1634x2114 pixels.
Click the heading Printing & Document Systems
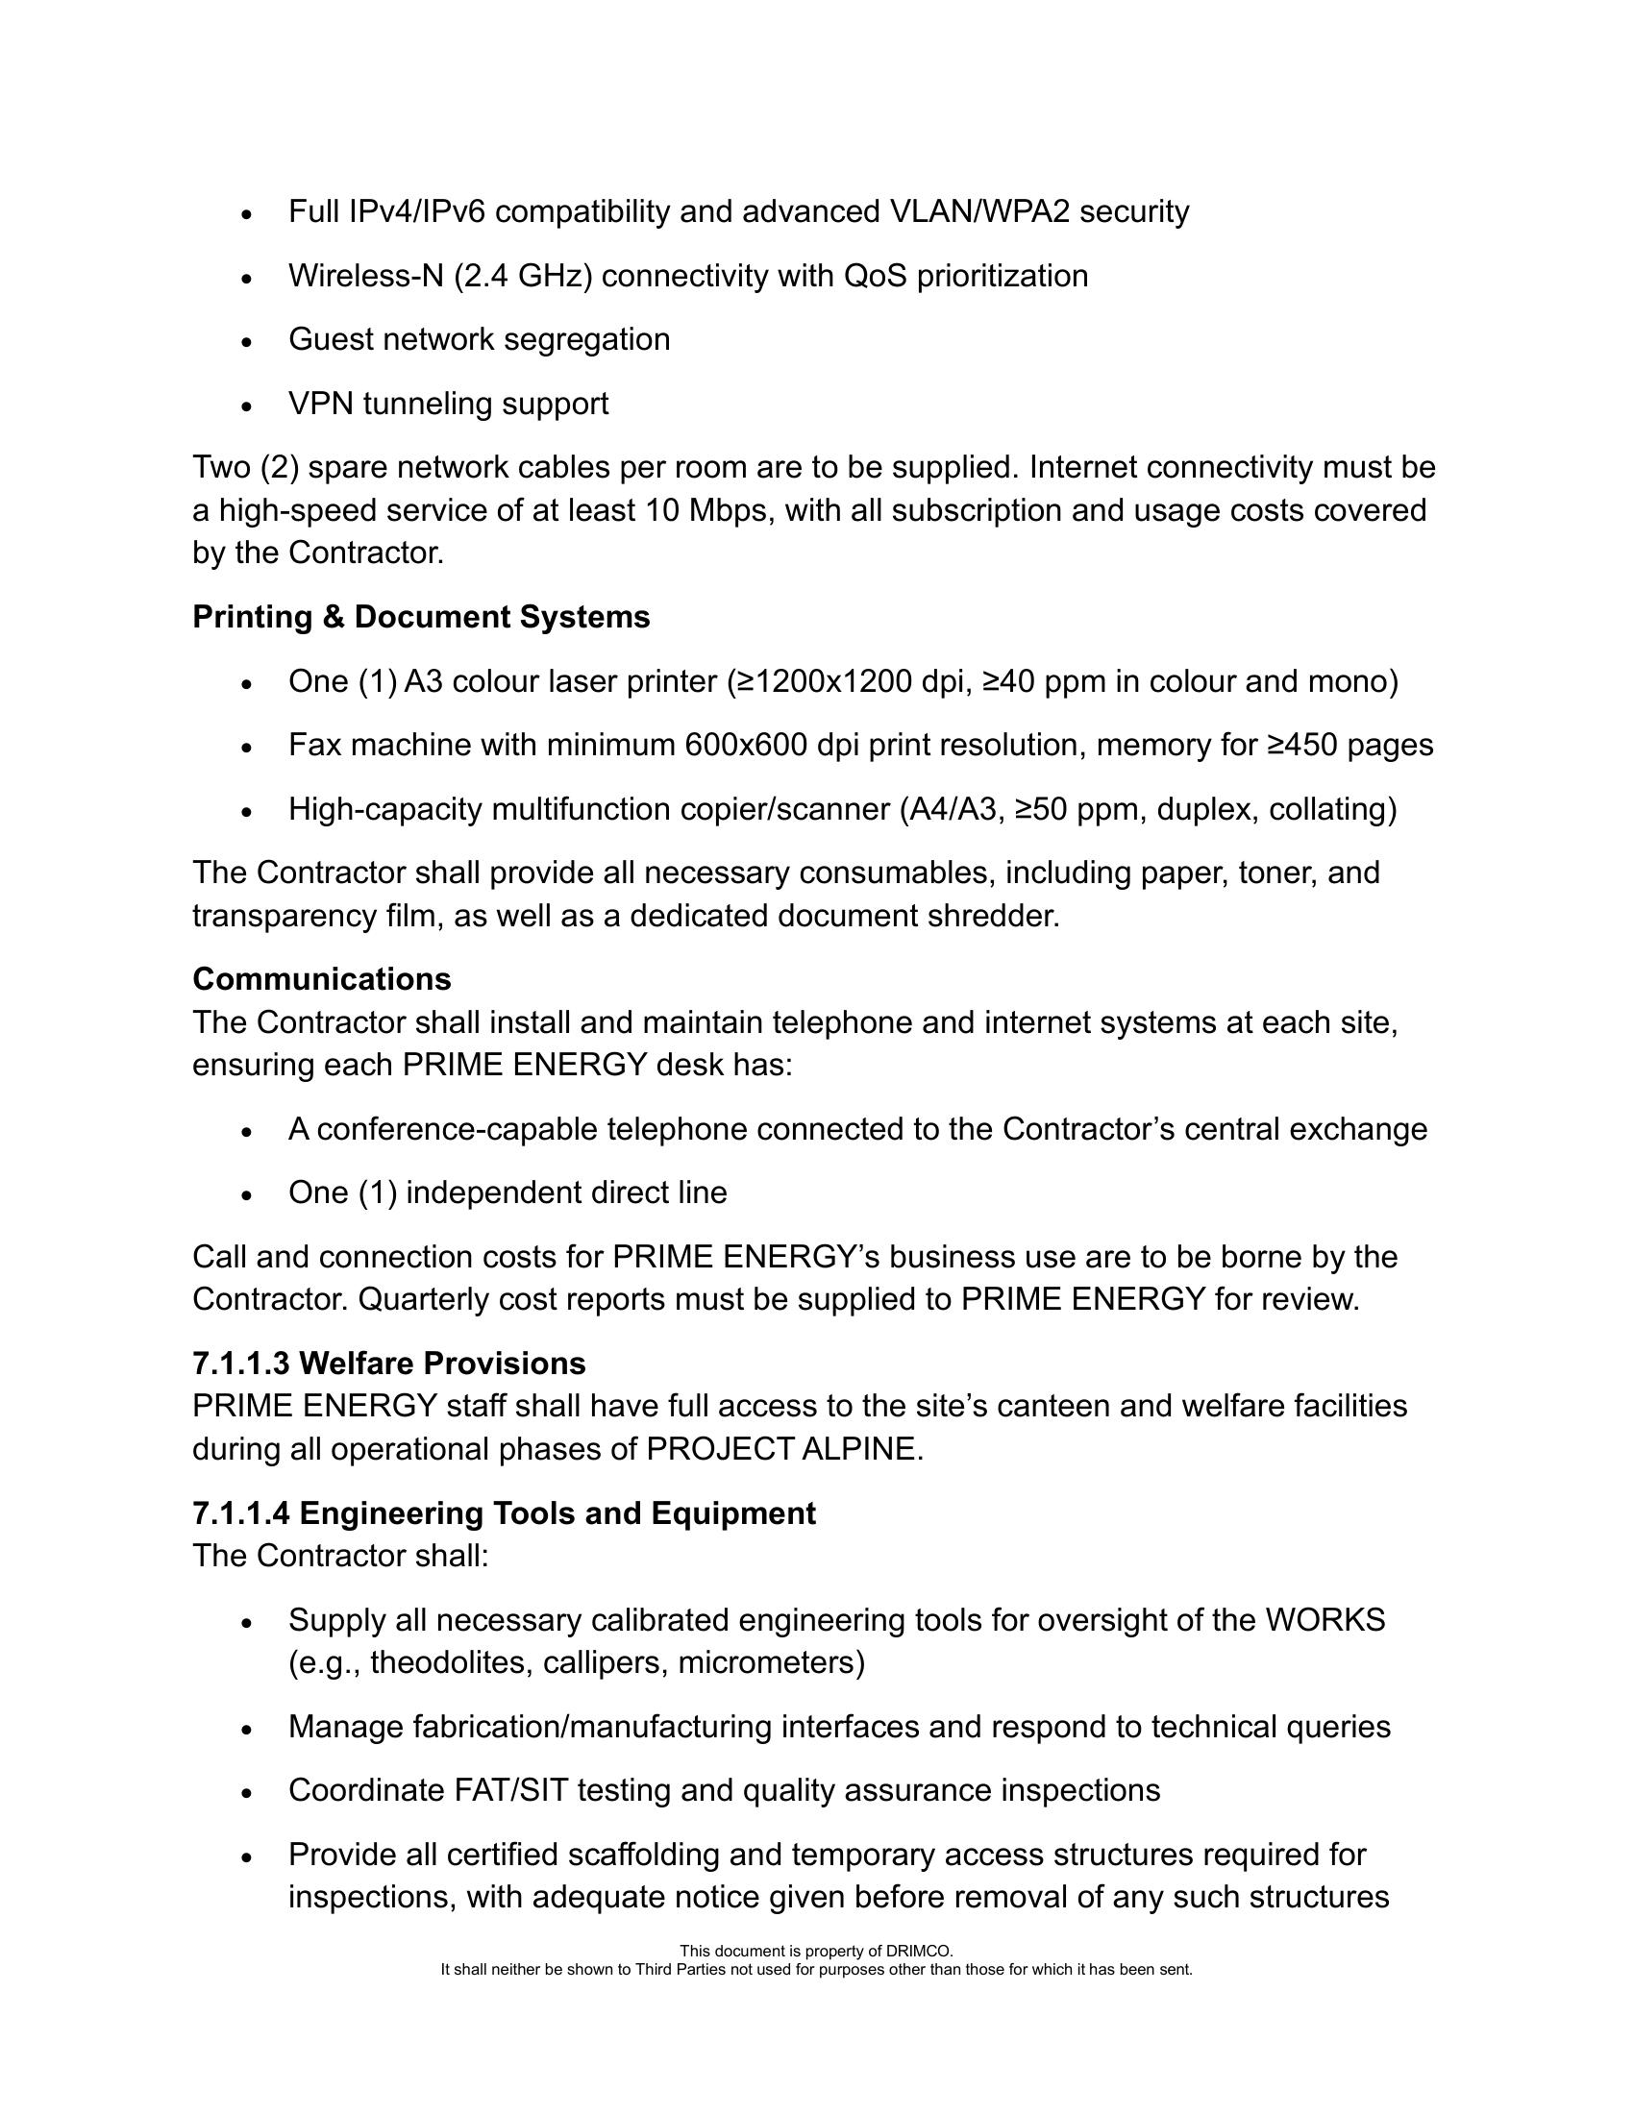(x=421, y=617)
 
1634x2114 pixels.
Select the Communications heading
(x=321, y=978)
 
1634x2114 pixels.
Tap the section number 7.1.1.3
(x=241, y=1363)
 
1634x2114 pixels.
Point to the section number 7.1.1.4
(x=241, y=1512)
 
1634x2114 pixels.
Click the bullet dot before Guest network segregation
(x=247, y=342)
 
